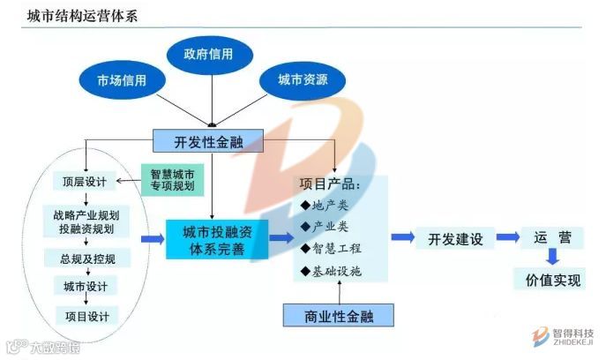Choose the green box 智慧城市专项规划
(172, 179)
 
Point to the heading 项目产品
(328, 184)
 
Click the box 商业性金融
(337, 315)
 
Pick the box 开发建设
(456, 238)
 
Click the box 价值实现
(553, 281)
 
